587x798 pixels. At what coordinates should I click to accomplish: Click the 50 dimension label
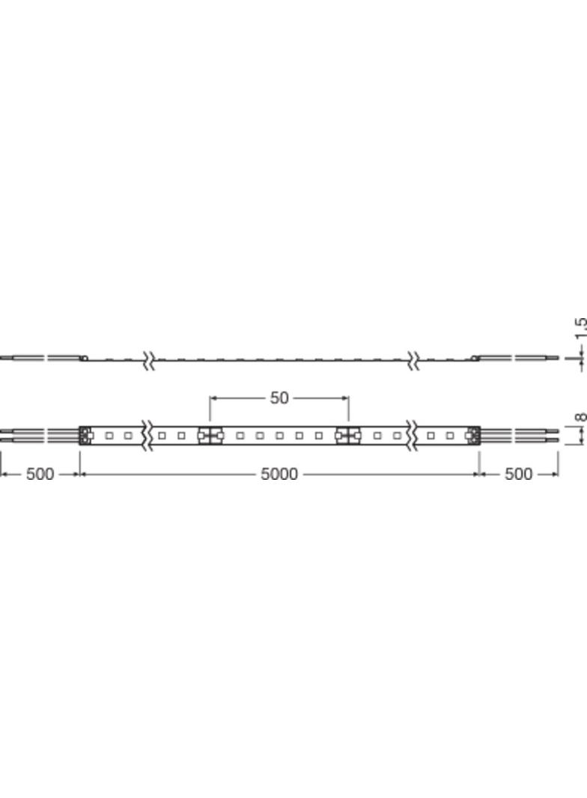click(279, 398)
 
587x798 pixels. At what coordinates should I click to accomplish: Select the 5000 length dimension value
click(279, 475)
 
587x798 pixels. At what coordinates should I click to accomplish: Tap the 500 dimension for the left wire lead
click(40, 475)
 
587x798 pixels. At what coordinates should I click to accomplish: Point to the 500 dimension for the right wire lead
click(518, 475)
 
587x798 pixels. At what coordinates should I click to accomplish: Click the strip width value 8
click(581, 418)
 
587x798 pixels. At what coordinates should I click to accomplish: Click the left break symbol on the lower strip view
click(148, 436)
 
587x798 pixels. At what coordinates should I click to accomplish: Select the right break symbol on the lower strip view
click(413, 436)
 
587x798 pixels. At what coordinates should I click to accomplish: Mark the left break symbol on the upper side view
click(148, 360)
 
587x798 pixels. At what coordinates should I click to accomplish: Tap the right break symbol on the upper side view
click(413, 360)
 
